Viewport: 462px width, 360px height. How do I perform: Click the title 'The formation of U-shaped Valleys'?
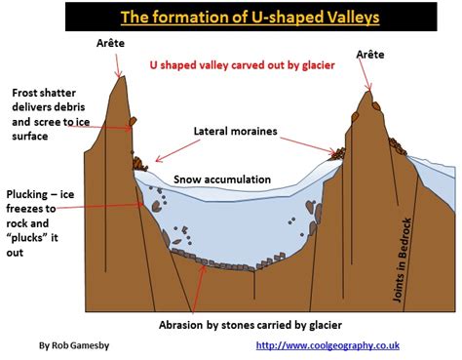(x=231, y=18)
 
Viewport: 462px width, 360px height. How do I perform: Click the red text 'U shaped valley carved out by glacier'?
(x=242, y=66)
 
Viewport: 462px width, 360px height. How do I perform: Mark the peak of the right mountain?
(x=368, y=93)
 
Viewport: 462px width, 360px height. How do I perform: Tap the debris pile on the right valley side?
(x=338, y=153)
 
